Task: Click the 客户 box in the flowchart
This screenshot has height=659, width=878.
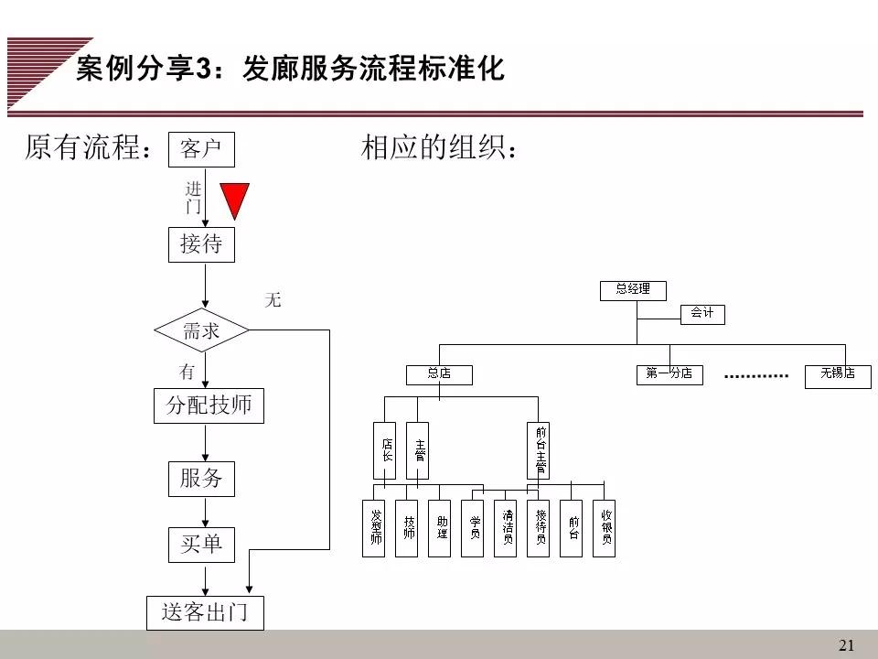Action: (x=201, y=149)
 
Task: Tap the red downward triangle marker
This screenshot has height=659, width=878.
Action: (x=236, y=200)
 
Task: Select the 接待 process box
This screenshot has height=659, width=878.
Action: (x=201, y=244)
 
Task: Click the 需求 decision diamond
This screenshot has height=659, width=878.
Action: (x=201, y=330)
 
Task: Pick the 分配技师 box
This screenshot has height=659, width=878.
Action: (x=209, y=405)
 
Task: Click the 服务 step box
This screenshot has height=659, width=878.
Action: (x=201, y=479)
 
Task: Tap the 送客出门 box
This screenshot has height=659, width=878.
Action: (x=205, y=612)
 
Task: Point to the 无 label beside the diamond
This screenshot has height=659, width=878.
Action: (x=273, y=299)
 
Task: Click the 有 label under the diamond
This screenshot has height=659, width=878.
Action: (x=187, y=373)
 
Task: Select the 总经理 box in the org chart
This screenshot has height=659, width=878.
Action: (x=633, y=290)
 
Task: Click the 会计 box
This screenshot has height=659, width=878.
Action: (x=702, y=314)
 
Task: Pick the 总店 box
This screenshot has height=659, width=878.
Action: (x=439, y=374)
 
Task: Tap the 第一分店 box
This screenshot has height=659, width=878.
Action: (x=669, y=374)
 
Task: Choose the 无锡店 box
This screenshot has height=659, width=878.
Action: (x=837, y=374)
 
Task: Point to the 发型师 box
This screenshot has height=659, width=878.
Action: (x=374, y=528)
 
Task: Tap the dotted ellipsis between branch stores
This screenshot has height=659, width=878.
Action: (x=755, y=376)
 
